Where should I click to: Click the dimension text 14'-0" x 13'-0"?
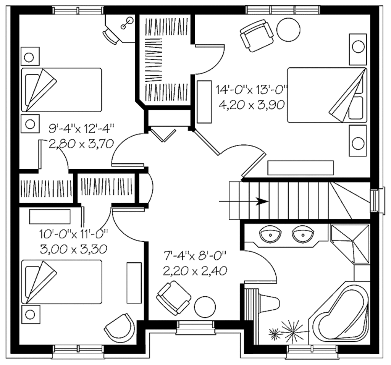tap(252, 90)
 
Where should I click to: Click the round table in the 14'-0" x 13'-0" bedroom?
tap(288, 29)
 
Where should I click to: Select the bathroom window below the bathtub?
tap(312, 350)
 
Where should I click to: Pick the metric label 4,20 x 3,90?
tap(251, 104)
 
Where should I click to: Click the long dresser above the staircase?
tap(301, 168)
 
